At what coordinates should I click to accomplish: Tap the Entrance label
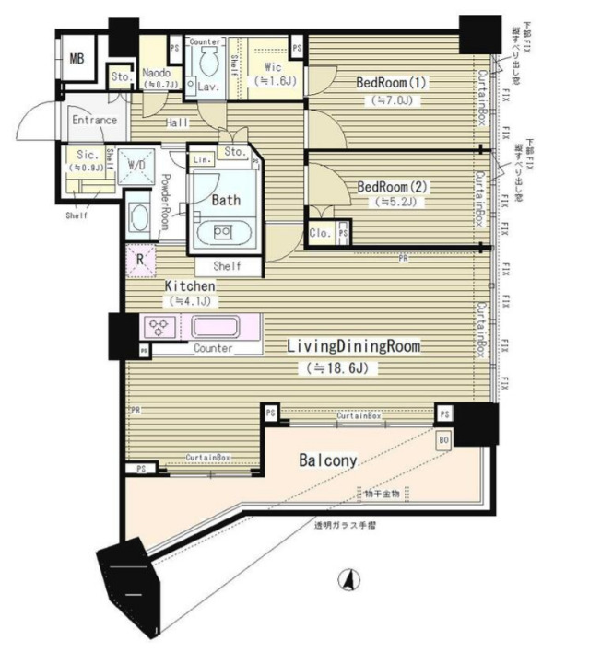click(94, 121)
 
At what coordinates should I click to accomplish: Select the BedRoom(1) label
click(392, 82)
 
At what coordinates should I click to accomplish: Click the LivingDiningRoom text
click(353, 347)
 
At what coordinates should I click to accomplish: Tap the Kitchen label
click(190, 285)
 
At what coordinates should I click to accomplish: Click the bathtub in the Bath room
click(224, 231)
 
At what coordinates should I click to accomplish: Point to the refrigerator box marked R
click(139, 260)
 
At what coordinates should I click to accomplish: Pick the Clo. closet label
click(320, 232)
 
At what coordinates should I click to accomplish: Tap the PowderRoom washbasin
click(139, 218)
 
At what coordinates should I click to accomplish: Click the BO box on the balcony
click(443, 440)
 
